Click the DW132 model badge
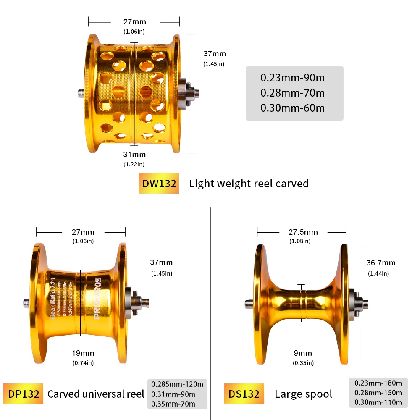click(x=159, y=184)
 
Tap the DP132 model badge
click(x=23, y=394)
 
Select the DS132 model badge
click(x=244, y=394)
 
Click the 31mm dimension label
click(x=134, y=155)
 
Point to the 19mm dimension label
click(x=83, y=353)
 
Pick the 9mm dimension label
click(x=303, y=353)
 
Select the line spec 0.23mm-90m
click(x=293, y=78)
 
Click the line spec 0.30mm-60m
click(x=293, y=108)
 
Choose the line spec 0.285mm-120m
click(x=177, y=384)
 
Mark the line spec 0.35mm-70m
click(x=173, y=404)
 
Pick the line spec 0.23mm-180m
click(x=378, y=383)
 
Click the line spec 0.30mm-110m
click(x=378, y=402)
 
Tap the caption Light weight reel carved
click(x=249, y=184)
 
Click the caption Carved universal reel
click(x=96, y=394)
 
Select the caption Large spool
click(x=303, y=394)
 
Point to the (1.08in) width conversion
click(x=300, y=241)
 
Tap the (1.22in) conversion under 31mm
click(x=134, y=164)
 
